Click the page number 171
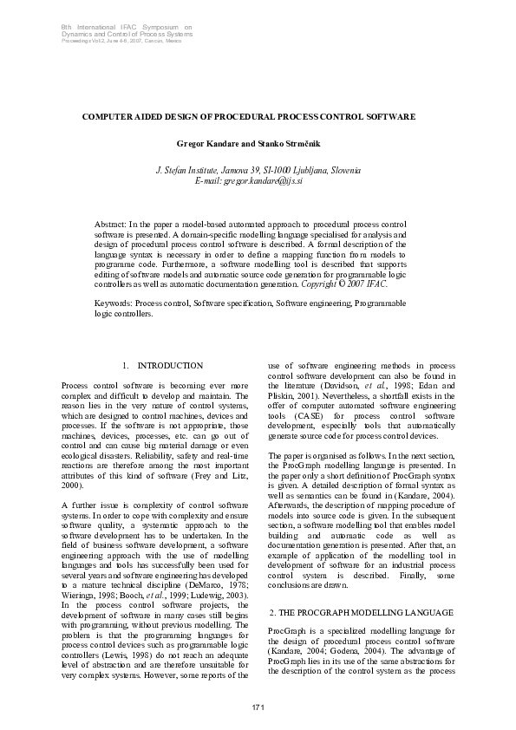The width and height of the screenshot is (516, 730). click(x=258, y=709)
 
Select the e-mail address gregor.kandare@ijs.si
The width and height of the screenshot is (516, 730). click(x=264, y=180)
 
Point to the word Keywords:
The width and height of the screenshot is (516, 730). click(x=114, y=303)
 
